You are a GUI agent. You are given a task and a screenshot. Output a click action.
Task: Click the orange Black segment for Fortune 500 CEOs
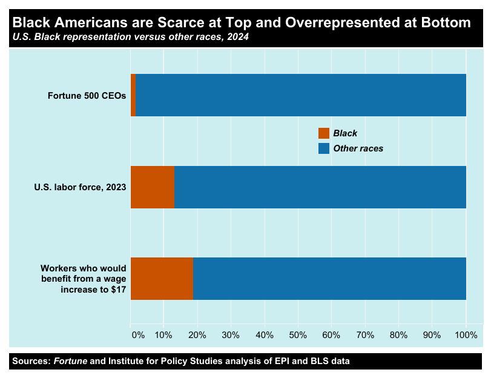[133, 95]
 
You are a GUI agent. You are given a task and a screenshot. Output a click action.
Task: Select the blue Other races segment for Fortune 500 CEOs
[300, 95]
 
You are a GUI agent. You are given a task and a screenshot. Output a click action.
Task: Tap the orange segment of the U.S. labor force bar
[153, 187]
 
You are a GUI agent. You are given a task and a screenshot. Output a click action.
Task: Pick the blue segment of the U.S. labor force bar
[320, 187]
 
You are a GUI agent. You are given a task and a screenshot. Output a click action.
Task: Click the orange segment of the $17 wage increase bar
[162, 279]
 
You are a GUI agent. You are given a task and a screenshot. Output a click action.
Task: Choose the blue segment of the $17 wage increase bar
[329, 279]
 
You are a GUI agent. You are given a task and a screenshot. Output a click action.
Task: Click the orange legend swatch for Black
[324, 133]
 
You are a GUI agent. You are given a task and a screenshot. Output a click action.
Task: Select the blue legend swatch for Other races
[324, 148]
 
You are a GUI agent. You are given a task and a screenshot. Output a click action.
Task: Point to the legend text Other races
[358, 148]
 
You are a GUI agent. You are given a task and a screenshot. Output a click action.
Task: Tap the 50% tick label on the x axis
[298, 334]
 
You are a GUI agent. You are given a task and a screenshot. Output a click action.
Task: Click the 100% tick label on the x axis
[466, 334]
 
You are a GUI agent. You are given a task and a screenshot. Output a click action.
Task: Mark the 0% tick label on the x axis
[138, 334]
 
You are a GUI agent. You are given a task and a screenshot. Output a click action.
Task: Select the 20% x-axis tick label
[198, 334]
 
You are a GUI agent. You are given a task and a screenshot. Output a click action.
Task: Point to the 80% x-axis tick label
[399, 334]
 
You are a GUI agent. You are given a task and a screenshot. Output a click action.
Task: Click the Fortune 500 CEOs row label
[87, 95]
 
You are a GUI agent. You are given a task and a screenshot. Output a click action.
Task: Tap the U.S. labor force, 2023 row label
[80, 187]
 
